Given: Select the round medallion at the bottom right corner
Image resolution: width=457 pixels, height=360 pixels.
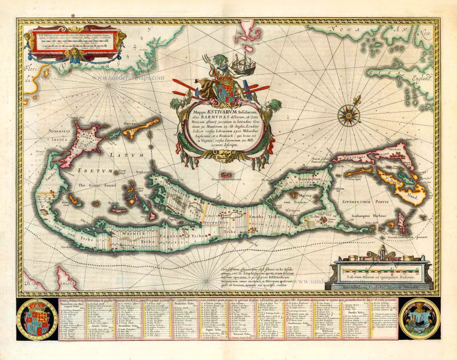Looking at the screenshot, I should click(x=419, y=319).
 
